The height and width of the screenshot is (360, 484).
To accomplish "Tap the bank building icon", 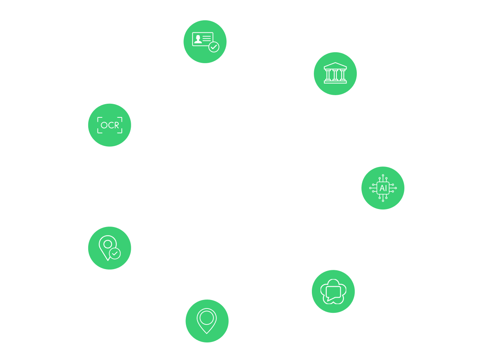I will pos(335,73).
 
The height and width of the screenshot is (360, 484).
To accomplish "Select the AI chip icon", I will pos(383,188).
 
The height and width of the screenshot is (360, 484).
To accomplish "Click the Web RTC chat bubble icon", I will pos(333,291).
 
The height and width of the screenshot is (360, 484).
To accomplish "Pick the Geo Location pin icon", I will pos(206,321).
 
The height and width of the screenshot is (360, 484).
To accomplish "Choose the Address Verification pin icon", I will pos(109,248).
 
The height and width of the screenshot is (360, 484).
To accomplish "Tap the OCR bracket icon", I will pos(110,125).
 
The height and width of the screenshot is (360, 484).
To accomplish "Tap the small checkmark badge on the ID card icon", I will pos(214,47).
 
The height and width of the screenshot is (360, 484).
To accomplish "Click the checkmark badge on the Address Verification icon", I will pos(114,254).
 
